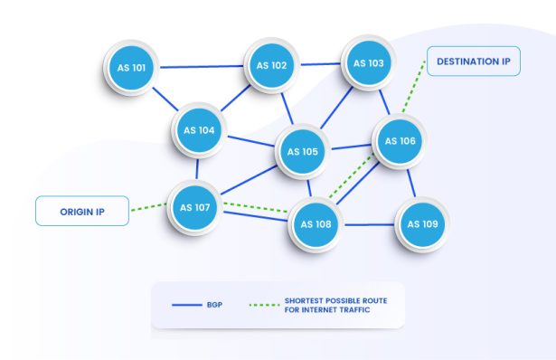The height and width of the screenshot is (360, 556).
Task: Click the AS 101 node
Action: pos(133,68)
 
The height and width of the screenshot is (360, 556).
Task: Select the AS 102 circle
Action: pos(272,65)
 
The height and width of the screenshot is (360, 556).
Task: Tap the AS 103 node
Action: pos(368,63)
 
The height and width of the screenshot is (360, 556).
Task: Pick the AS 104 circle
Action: pos(199,130)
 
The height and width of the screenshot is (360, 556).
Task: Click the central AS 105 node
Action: pos(303,151)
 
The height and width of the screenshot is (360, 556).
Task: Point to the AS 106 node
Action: pos(400,141)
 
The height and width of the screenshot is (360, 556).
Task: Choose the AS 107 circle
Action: pos(196,207)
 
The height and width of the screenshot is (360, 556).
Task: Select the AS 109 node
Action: pos(422,223)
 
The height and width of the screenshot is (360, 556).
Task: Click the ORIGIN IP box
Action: pos(82,210)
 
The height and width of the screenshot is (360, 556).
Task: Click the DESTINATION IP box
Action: pos(474,62)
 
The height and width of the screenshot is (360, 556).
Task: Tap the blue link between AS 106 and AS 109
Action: pos(411,184)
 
